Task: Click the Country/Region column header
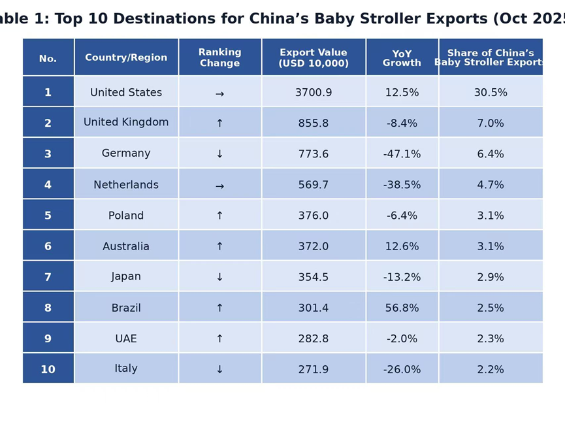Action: pyautogui.click(x=126, y=57)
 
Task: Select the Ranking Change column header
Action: pyautogui.click(x=219, y=57)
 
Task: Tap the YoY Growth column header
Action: pyautogui.click(x=402, y=58)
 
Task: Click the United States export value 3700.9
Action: pyautogui.click(x=314, y=93)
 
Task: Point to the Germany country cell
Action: pyautogui.click(x=126, y=154)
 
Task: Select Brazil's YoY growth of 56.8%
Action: pyautogui.click(x=402, y=308)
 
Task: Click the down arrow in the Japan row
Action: pyautogui.click(x=219, y=277)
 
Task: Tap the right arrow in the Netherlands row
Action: pyautogui.click(x=219, y=186)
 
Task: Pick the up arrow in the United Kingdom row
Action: pyautogui.click(x=219, y=123)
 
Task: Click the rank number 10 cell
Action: pyautogui.click(x=48, y=369)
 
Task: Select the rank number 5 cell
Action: pyautogui.click(x=48, y=216)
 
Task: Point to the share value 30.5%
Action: pyautogui.click(x=491, y=93)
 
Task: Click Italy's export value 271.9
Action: pyautogui.click(x=314, y=369)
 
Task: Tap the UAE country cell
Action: pyautogui.click(x=126, y=338)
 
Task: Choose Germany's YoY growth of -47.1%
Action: pyautogui.click(x=402, y=154)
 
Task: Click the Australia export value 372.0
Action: pyautogui.click(x=314, y=246)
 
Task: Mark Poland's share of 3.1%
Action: pyautogui.click(x=491, y=216)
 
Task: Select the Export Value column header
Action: pyautogui.click(x=314, y=57)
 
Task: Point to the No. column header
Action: pyautogui.click(x=48, y=59)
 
